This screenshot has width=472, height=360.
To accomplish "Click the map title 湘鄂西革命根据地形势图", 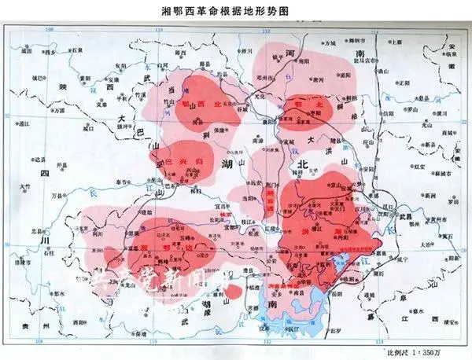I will pyautogui.click(x=236, y=10).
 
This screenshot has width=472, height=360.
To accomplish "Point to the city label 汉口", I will pyautogui.click(x=384, y=206).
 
